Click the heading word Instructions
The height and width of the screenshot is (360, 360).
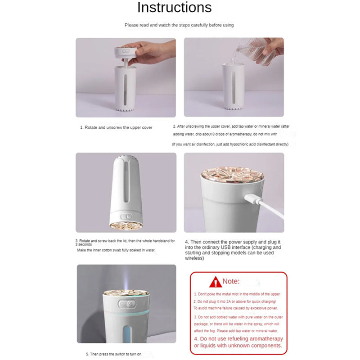(x=174, y=8)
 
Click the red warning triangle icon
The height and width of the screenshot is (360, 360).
(x=216, y=282)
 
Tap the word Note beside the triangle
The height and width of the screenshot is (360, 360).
(x=231, y=282)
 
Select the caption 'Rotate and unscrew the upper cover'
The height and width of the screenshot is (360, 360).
(x=116, y=127)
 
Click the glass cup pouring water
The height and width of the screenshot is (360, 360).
(x=256, y=54)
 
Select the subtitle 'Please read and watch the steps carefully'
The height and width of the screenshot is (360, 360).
(x=179, y=25)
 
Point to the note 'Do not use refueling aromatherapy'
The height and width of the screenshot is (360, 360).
(x=238, y=338)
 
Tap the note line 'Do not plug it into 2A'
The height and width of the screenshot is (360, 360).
(x=235, y=301)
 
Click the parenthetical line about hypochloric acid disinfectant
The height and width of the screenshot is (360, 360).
(x=230, y=144)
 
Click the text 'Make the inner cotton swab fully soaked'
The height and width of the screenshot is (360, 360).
(x=116, y=250)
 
